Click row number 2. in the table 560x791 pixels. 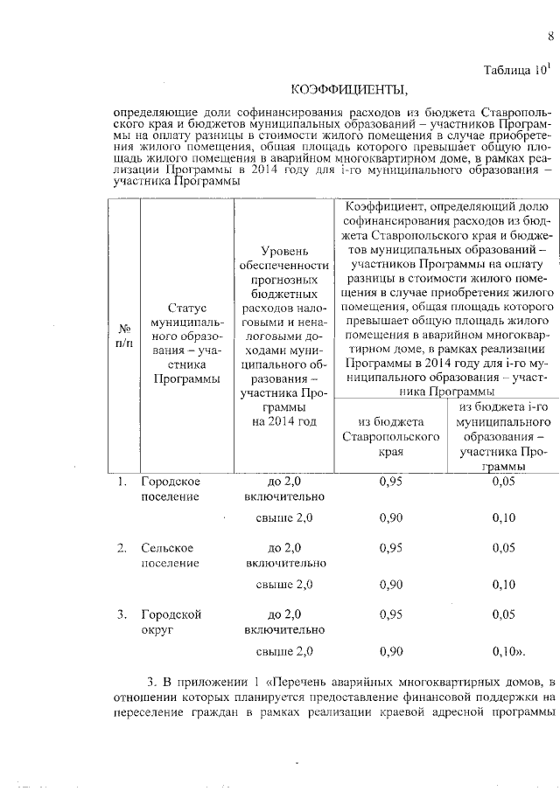coord(123,548)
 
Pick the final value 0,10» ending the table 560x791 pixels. coord(507,651)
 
